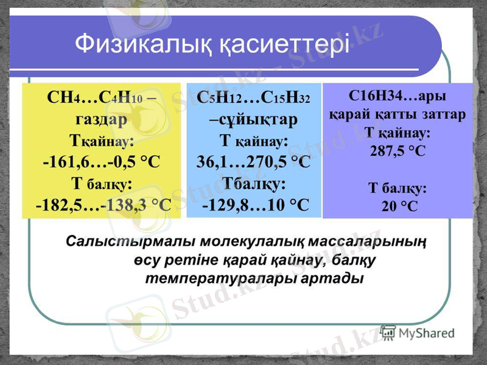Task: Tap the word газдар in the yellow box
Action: click(101, 119)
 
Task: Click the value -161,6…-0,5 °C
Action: click(101, 161)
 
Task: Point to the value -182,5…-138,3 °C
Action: click(103, 204)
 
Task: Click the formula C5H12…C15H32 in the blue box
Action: click(253, 98)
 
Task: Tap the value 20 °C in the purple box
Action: click(399, 206)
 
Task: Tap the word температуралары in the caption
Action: click(220, 279)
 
